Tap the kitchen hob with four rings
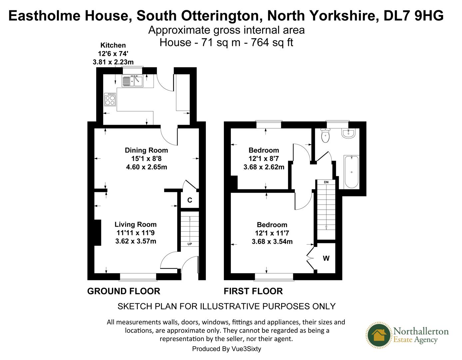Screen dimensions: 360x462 coord(110,99)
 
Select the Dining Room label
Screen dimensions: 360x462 coord(146,150)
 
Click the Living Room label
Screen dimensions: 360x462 coord(136,224)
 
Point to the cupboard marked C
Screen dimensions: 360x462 coord(190,200)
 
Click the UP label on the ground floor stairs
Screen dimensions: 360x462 coord(190,244)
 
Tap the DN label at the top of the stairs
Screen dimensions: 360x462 coord(326,182)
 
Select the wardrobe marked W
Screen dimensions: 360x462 coord(326,258)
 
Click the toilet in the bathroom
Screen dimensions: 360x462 coord(325,135)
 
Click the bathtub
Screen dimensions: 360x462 coord(352,171)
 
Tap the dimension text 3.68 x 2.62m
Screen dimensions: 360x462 coord(264,167)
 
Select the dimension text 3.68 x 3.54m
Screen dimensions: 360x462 coord(272,241)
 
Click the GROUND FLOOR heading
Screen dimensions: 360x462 coord(124,291)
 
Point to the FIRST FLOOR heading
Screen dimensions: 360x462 coord(253,291)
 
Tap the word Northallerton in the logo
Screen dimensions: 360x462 coord(421,331)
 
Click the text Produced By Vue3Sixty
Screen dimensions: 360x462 coord(227,349)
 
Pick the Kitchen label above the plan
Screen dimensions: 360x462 coord(113,45)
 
